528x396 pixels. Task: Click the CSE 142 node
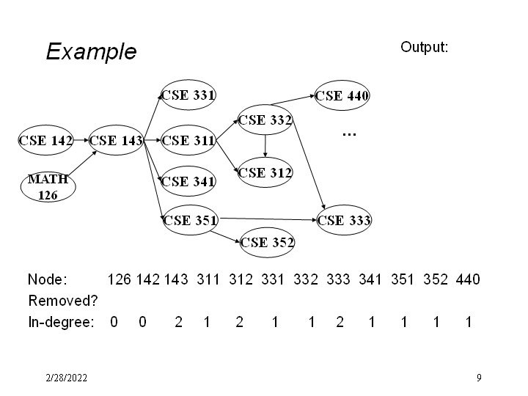(x=45, y=141)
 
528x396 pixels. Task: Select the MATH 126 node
(x=48, y=186)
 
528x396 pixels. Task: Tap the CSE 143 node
(x=116, y=141)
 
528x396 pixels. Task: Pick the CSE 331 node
(x=188, y=95)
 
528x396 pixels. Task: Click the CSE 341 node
(x=188, y=181)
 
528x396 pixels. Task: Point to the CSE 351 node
(x=189, y=219)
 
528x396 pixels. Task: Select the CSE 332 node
(x=265, y=120)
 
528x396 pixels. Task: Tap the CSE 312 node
(x=265, y=173)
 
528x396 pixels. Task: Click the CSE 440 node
(x=342, y=95)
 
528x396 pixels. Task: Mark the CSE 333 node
(x=343, y=219)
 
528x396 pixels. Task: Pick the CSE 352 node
(x=267, y=242)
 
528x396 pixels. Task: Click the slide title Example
(x=91, y=52)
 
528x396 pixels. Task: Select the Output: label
(x=425, y=47)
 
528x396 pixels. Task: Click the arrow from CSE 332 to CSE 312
(x=265, y=147)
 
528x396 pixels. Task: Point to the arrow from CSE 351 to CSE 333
(x=268, y=218)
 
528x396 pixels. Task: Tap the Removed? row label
(x=63, y=301)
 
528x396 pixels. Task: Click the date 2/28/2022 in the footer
(x=66, y=378)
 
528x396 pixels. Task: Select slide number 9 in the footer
(x=478, y=378)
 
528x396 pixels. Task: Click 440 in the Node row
(x=468, y=279)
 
